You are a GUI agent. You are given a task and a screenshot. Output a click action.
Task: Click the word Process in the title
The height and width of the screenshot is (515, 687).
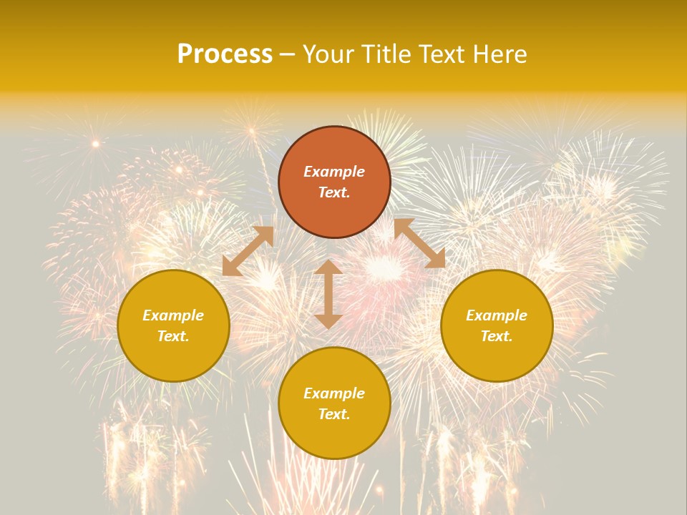pyautogui.click(x=225, y=54)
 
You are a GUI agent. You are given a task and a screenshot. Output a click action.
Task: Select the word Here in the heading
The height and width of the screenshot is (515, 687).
pyautogui.click(x=500, y=54)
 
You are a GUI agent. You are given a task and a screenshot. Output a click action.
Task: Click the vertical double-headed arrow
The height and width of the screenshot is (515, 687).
pyautogui.click(x=328, y=294)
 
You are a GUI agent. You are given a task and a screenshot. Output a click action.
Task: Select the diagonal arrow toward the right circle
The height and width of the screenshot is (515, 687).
pyautogui.click(x=419, y=243)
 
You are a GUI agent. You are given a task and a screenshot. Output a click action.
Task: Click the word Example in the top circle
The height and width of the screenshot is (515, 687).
pyautogui.click(x=334, y=172)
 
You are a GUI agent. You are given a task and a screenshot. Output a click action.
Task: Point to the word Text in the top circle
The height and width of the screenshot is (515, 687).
pyautogui.click(x=334, y=192)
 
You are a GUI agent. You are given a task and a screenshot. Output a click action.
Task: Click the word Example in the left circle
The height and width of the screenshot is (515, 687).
pyautogui.click(x=173, y=315)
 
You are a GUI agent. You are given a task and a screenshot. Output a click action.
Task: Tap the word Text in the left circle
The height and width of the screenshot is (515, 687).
pyautogui.click(x=173, y=336)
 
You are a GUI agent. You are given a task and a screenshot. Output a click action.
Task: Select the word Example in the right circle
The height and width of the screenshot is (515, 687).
pyautogui.click(x=497, y=315)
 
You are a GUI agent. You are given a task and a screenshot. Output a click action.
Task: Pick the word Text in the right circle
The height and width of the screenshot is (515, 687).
pyautogui.click(x=497, y=336)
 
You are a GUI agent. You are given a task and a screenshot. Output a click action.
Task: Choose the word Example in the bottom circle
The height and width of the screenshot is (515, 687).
pyautogui.click(x=334, y=393)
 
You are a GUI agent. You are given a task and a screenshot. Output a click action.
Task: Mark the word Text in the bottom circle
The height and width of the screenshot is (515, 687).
pyautogui.click(x=334, y=414)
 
